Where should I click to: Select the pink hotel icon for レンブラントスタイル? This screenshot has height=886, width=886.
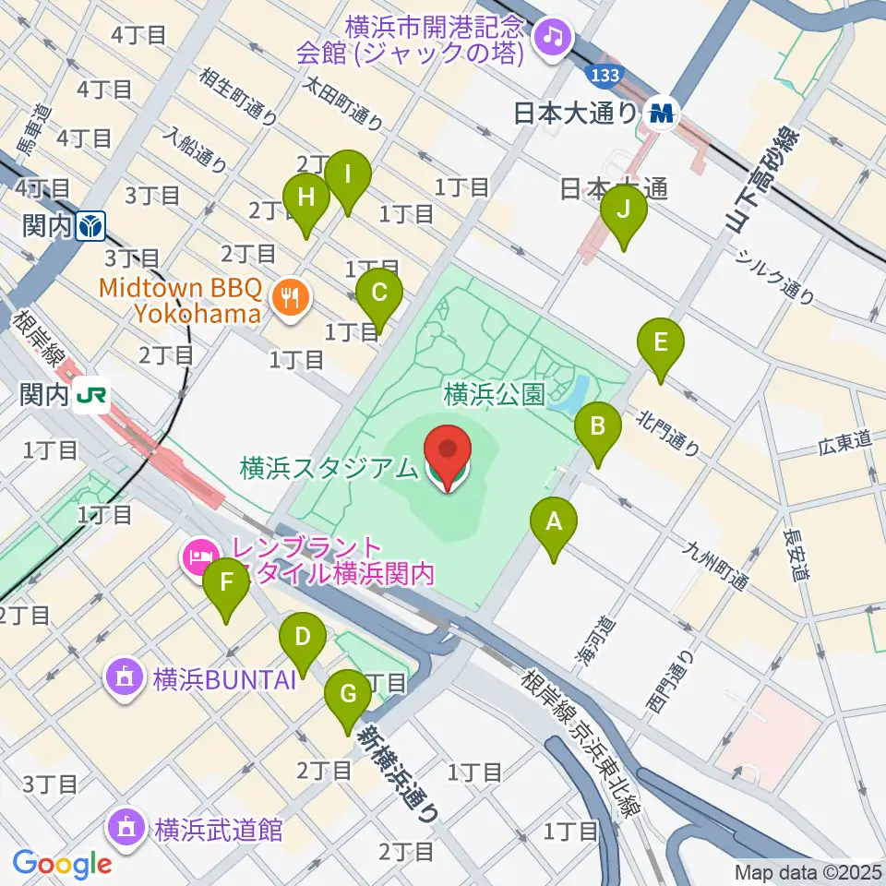199,556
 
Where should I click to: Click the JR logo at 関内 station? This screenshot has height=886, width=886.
92,396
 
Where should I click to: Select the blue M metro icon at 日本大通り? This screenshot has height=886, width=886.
661,114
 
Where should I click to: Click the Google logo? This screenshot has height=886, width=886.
62,865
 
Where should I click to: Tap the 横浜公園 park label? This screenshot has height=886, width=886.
494,395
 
